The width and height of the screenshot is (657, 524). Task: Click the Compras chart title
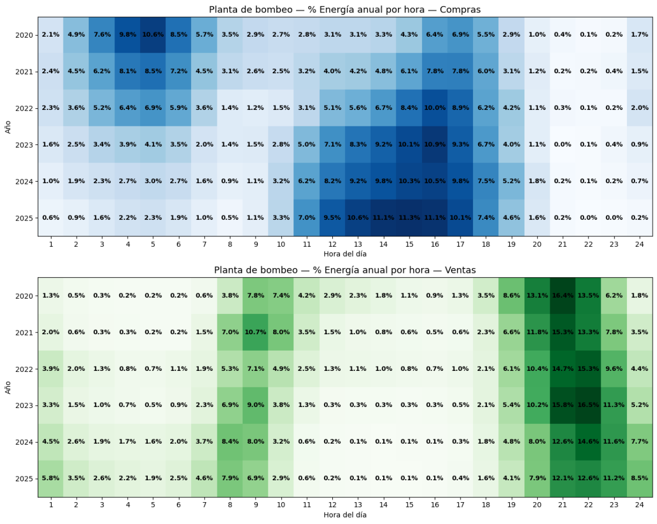345,10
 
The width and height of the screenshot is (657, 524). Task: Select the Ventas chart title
345,270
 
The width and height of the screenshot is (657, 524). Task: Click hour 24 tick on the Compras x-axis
639,244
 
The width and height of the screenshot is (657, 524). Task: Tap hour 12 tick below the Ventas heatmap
332,504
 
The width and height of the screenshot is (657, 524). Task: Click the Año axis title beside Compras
8,126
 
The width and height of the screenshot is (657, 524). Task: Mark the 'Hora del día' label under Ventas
345,514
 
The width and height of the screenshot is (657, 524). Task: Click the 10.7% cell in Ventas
256,332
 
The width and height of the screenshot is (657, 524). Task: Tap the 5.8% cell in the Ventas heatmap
51,478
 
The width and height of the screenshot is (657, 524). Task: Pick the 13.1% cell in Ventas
537,296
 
